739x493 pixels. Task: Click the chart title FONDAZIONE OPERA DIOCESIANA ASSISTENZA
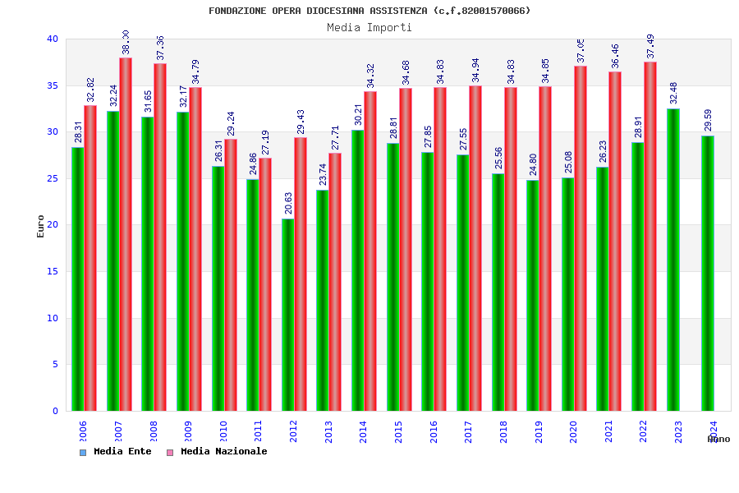click(x=369, y=11)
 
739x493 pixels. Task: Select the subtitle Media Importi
click(x=369, y=27)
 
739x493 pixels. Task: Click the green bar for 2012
click(x=287, y=315)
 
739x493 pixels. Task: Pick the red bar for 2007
click(x=126, y=234)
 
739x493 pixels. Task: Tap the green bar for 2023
click(x=673, y=260)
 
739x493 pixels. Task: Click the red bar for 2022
click(x=650, y=236)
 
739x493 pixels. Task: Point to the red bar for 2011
click(x=265, y=284)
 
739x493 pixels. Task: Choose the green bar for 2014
click(x=358, y=270)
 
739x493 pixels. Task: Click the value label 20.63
click(x=287, y=202)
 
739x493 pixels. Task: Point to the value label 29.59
click(x=708, y=119)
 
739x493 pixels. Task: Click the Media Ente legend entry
click(x=116, y=451)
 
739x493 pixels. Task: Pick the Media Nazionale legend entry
click(x=218, y=451)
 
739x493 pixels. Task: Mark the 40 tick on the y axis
click(x=53, y=39)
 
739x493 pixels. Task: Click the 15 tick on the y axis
click(x=53, y=271)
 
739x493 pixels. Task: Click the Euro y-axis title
click(x=41, y=225)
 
